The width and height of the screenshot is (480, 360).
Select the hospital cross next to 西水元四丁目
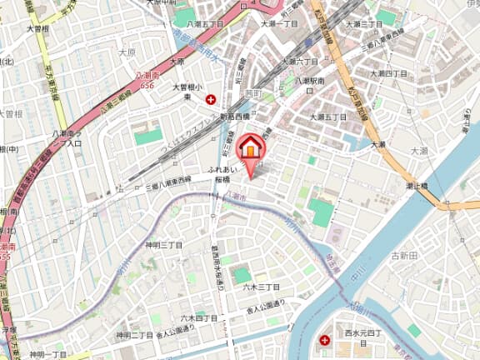click(324, 339)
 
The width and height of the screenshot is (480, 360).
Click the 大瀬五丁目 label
click(329, 103)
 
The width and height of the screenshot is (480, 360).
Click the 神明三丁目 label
click(163, 245)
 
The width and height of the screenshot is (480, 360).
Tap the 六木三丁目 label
click(261, 287)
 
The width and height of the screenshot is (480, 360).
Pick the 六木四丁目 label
click(198, 317)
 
